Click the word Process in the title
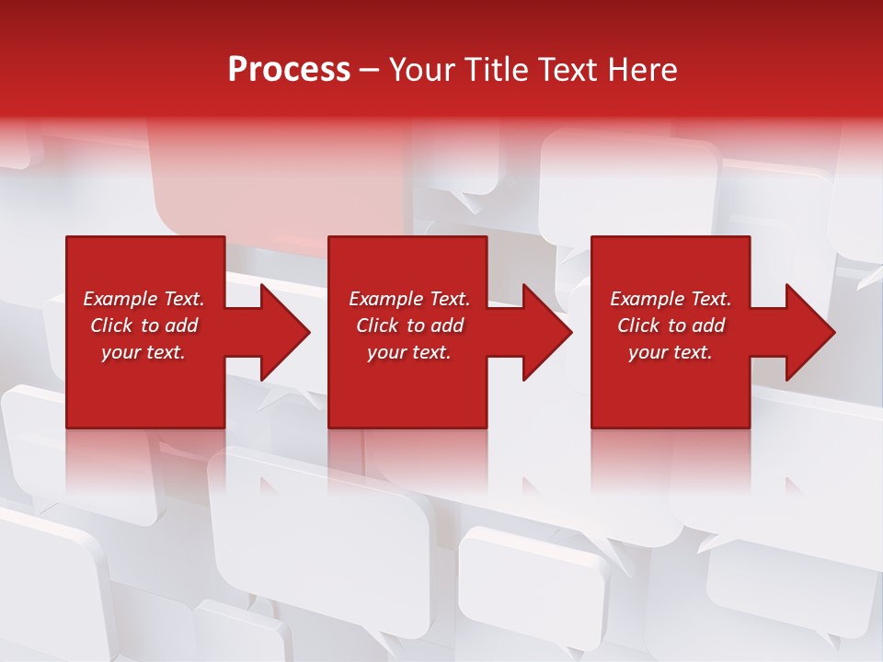pos(289,70)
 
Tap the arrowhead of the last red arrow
pos(808,332)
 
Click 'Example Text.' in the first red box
pos(143,299)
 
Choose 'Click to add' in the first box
pos(143,325)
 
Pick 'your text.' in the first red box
pos(143,352)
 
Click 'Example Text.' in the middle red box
pos(408,299)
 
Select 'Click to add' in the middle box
pos(408,325)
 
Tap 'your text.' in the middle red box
pos(408,352)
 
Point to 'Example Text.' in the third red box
pos(671,299)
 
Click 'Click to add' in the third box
pos(671,325)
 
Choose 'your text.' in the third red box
pos(671,352)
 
